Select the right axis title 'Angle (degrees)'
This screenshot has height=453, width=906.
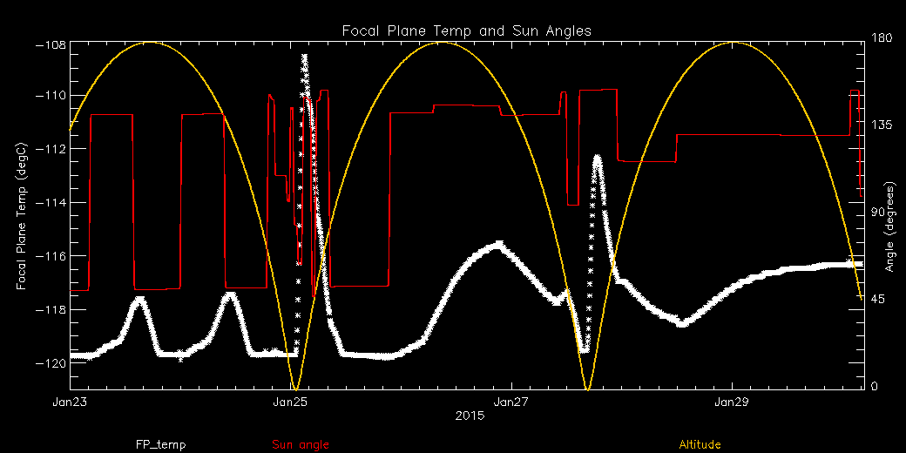coord(889,226)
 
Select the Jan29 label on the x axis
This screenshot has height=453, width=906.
coord(731,402)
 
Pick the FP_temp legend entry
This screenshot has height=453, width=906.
coord(160,444)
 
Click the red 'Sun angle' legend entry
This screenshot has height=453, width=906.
coord(301,444)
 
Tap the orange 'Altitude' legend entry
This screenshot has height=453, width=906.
coord(700,444)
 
